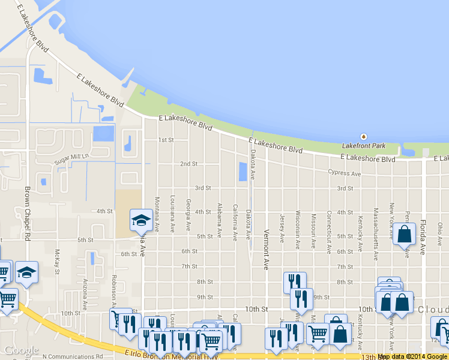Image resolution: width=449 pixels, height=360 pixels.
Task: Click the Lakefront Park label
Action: [x=364, y=146]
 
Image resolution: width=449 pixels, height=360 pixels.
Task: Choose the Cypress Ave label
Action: [x=345, y=173]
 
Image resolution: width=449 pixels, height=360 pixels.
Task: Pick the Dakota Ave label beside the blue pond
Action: [x=253, y=164]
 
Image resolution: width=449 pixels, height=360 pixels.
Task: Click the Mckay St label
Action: [x=58, y=261]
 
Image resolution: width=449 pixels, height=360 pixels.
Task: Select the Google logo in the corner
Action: [x=21, y=350]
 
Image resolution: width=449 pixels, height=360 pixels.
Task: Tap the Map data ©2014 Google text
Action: [x=412, y=356]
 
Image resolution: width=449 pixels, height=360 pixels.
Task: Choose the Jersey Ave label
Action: [x=282, y=229]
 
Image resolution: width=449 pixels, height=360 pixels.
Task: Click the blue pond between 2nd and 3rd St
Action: [x=243, y=172]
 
